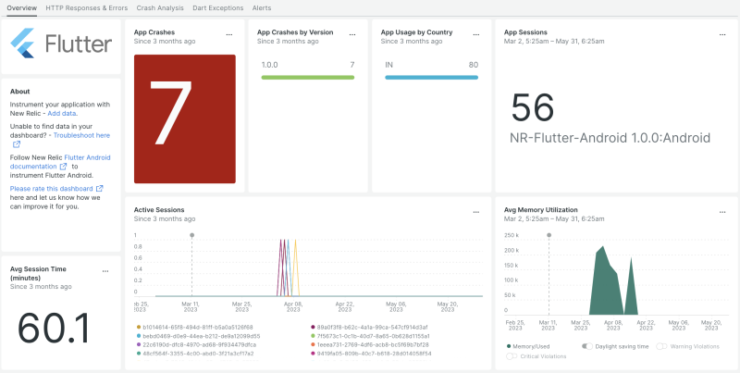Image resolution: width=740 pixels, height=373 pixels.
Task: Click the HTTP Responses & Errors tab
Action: click(x=86, y=7)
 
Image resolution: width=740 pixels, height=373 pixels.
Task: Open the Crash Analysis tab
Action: click(x=160, y=7)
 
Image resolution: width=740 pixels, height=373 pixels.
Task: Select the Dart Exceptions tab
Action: click(x=217, y=7)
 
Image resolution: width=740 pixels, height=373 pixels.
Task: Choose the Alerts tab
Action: click(x=262, y=7)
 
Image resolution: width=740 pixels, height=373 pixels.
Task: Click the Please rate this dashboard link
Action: click(x=53, y=188)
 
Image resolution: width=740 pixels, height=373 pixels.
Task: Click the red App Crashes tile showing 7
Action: click(x=185, y=118)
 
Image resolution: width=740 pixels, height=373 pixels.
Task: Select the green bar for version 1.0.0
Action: click(x=308, y=78)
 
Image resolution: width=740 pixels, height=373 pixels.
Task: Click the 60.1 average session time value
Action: click(x=54, y=328)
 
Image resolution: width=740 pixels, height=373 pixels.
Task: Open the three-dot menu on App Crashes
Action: click(x=229, y=33)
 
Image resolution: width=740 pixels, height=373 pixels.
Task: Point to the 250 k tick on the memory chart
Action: click(x=511, y=235)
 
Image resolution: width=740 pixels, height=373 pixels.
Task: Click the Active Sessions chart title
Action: click(x=159, y=210)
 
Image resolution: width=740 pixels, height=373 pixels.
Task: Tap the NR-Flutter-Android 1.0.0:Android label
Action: click(x=610, y=138)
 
